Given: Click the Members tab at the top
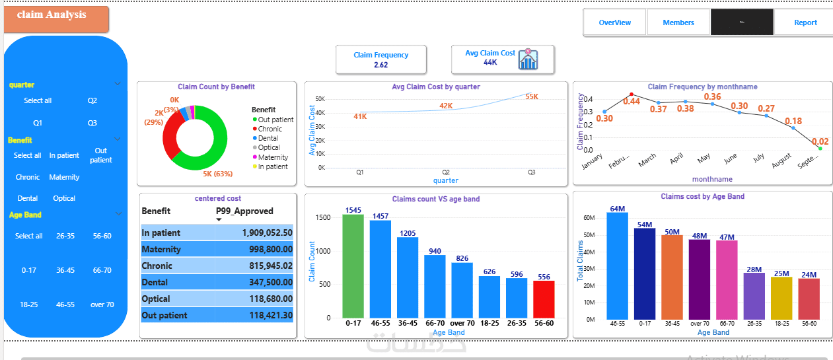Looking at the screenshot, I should [678, 22].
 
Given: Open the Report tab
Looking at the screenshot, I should [805, 22].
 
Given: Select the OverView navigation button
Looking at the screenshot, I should [614, 22].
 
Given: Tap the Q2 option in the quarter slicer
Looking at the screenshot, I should [92, 100].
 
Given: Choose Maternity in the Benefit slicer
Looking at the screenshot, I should [64, 177].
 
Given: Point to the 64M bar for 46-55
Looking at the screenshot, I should [617, 264].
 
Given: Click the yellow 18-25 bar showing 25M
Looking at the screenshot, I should [781, 297].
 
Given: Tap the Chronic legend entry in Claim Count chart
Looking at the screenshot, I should [270, 129].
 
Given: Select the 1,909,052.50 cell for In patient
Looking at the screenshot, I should [256, 233].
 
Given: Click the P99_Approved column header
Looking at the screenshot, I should [244, 211].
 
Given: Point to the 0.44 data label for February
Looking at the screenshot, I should [631, 101].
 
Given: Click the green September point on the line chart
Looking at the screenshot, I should [820, 149].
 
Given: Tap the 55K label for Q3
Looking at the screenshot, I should [531, 96].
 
